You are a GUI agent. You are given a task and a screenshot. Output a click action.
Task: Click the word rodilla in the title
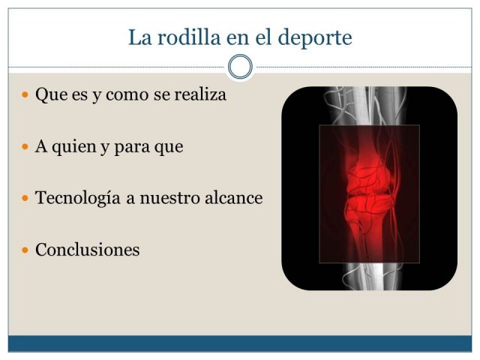189,37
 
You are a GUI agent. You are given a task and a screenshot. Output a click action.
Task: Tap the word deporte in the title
315,38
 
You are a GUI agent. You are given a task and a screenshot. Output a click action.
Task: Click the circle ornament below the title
240,67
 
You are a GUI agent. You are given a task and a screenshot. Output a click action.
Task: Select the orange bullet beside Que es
25,94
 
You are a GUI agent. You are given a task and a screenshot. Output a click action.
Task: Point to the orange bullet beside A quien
25,147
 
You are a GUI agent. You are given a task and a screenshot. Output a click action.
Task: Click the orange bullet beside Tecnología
25,198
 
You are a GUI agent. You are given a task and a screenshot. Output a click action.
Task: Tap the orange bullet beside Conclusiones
25,250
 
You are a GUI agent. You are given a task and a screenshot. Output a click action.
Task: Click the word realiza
200,94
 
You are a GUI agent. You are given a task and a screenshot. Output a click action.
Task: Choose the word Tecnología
78,198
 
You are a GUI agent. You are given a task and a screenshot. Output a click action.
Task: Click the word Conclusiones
88,250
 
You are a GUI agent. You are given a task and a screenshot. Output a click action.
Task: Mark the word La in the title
140,37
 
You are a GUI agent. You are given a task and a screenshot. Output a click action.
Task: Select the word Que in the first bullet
51,94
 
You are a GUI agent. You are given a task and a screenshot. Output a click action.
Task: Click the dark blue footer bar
240,343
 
